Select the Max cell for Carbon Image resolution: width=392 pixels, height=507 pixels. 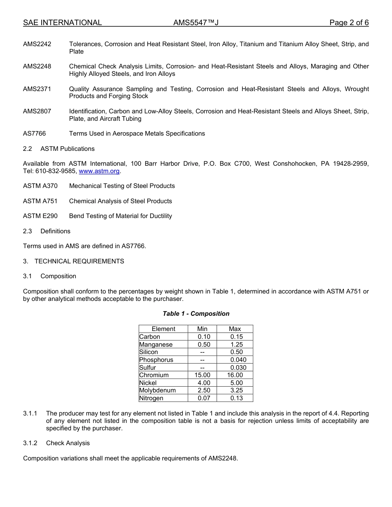(x=236, y=337)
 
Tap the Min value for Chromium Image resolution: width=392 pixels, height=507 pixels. (x=202, y=375)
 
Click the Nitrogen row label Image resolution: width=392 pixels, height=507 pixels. (x=151, y=398)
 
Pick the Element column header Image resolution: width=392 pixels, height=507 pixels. (x=163, y=329)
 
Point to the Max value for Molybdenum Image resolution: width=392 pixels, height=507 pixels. (x=236, y=390)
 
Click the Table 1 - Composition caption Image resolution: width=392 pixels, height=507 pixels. (x=196, y=314)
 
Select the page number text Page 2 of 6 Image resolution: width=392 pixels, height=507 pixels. (x=349, y=23)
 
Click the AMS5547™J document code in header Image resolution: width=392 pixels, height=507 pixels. (x=196, y=23)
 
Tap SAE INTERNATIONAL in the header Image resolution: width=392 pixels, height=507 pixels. (x=62, y=23)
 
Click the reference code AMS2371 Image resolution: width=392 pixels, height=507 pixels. (x=37, y=89)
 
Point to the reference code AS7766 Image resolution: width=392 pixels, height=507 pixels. (x=34, y=134)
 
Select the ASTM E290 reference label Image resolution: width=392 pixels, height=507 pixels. (x=40, y=216)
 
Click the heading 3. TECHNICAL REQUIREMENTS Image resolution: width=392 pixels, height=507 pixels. (x=73, y=261)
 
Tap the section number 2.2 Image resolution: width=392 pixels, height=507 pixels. (x=27, y=149)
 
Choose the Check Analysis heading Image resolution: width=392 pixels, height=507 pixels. (x=68, y=443)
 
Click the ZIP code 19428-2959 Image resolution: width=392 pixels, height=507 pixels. (x=350, y=164)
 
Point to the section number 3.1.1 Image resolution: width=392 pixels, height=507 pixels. (x=30, y=413)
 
